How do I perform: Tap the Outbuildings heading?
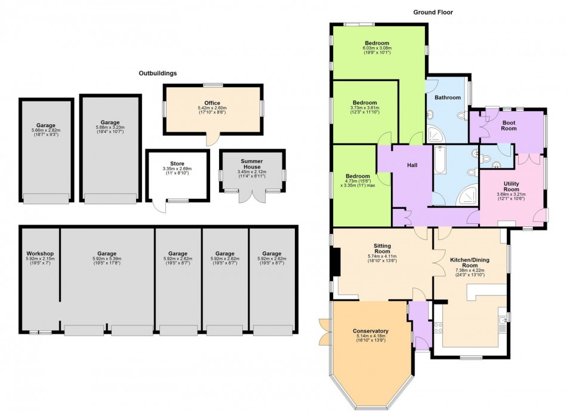158,73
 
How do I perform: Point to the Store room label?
177,164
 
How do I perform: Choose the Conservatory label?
371,331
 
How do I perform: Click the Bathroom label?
448,97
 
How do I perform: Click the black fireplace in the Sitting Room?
336,262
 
